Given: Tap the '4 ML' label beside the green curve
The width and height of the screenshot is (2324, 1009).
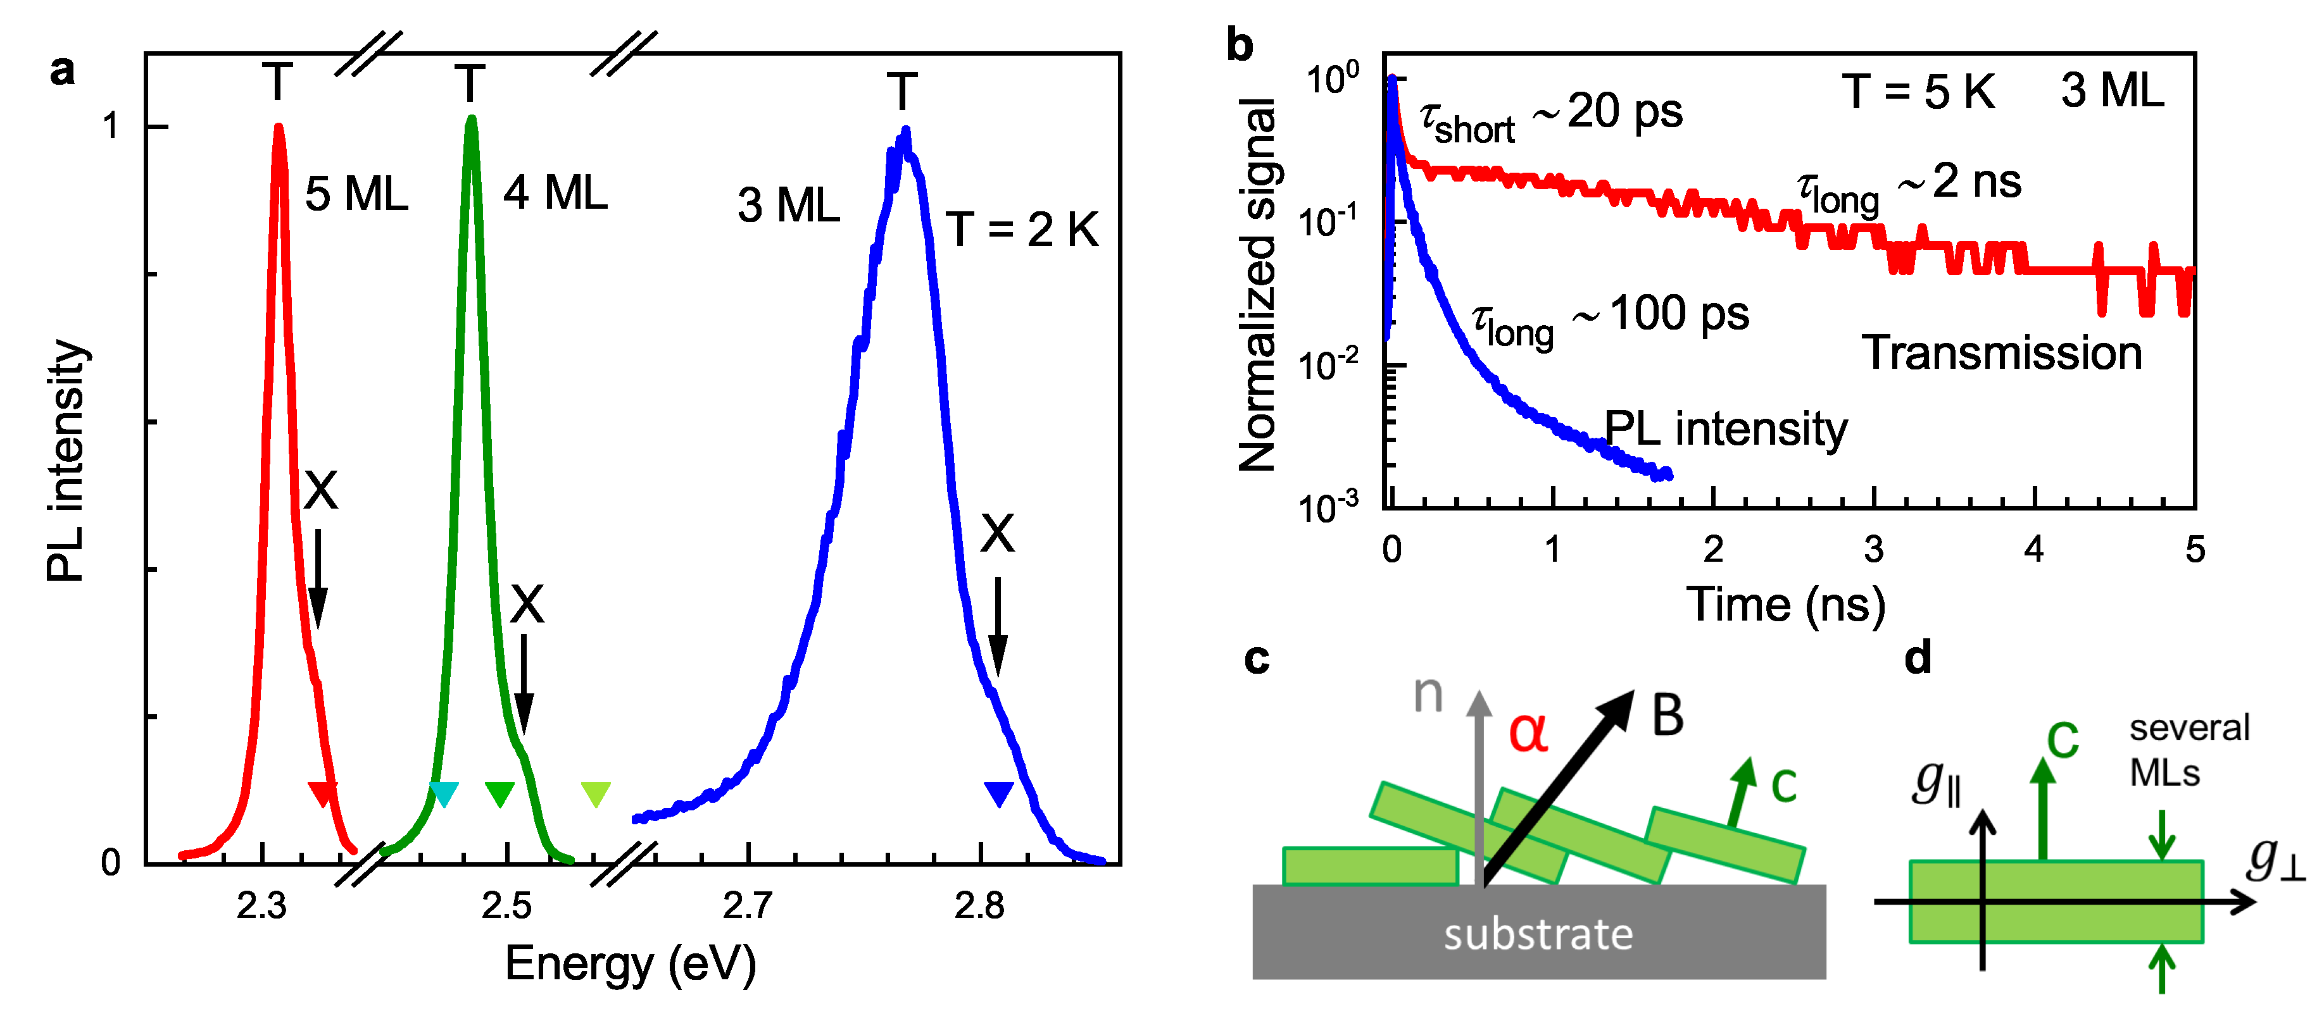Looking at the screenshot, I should (555, 193).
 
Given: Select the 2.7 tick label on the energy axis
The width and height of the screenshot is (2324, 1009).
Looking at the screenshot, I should (748, 905).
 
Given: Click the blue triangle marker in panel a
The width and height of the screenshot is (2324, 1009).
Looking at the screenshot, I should (999, 793).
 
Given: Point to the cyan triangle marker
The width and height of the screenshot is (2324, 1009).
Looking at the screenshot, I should (444, 793).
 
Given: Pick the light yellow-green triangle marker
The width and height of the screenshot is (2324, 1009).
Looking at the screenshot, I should (596, 793).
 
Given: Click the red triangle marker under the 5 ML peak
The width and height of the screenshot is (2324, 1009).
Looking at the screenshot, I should (322, 793).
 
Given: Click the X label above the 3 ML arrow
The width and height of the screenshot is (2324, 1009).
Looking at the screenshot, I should (997, 534).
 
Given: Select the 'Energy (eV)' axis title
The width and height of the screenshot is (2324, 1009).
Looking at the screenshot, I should (630, 964).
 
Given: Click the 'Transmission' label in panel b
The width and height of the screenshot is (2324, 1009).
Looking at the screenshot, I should (2002, 352).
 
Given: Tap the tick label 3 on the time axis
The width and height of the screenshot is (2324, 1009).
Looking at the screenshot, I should (1874, 548).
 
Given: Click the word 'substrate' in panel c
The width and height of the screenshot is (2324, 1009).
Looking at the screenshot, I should (1538, 934).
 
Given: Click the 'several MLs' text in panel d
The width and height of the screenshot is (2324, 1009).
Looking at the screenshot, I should (2189, 750).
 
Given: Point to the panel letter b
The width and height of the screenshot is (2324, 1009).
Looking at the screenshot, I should (1240, 45).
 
